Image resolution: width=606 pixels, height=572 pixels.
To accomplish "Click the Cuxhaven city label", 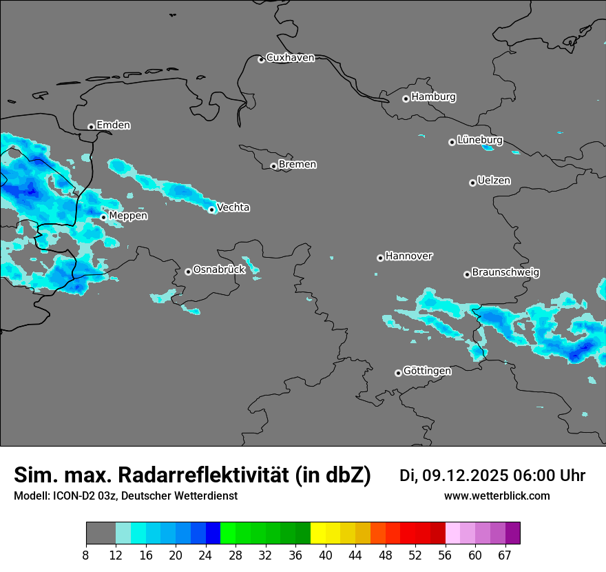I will [x=290, y=58].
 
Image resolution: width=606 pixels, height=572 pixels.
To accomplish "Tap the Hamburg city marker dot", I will [x=406, y=99].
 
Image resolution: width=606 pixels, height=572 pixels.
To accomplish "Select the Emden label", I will [x=113, y=125].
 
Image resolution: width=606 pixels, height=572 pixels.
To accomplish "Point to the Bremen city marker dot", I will [x=273, y=166].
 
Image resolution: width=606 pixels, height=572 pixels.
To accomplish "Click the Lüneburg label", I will [x=479, y=140].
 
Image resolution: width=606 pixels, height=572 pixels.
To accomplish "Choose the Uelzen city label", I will [x=494, y=181].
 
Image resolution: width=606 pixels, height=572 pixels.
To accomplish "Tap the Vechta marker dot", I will [x=211, y=210].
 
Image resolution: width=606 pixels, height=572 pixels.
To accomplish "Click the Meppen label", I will [x=128, y=216].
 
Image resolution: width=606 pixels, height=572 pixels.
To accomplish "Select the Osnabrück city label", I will [x=219, y=269].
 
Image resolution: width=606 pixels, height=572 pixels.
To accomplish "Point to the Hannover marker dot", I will [x=380, y=258].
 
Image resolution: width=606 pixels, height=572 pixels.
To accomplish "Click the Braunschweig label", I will [x=505, y=272].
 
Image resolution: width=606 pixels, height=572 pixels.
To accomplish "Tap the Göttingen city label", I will [x=427, y=371].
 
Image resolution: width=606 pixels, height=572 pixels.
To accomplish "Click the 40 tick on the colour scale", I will [x=326, y=555].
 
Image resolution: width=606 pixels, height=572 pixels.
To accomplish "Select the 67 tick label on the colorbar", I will [x=505, y=555].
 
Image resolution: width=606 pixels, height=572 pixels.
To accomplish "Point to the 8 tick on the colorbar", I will [x=86, y=555].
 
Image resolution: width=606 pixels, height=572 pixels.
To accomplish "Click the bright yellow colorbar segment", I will [x=317, y=533].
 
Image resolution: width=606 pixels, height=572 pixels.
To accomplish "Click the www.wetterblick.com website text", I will [x=497, y=496].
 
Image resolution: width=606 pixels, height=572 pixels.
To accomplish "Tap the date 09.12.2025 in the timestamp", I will [x=465, y=476].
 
